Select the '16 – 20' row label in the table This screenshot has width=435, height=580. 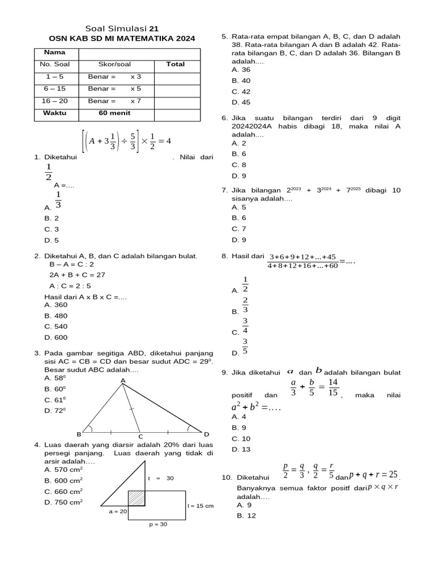point(55,101)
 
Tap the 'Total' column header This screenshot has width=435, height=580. point(175,65)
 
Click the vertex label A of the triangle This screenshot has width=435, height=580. point(123,380)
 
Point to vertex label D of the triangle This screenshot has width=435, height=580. point(207,434)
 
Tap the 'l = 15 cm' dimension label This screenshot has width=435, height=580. point(201,506)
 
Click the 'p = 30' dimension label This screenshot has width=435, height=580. point(158,524)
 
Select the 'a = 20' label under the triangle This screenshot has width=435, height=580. point(118,511)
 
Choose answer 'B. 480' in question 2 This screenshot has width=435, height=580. point(56,315)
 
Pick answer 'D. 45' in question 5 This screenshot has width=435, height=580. point(241,103)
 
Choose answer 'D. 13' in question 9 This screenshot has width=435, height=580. point(241,449)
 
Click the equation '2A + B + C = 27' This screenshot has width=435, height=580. point(77,275)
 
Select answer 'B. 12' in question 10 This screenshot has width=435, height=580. point(246,516)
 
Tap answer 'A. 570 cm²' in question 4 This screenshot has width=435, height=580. point(63,470)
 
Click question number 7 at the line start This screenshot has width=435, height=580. point(224,190)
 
